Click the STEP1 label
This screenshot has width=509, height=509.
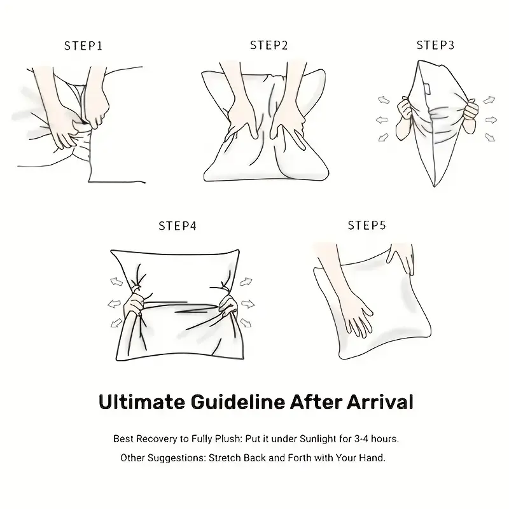[x=83, y=46]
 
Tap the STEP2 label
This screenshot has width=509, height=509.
[x=268, y=45]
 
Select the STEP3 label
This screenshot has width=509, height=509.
[x=435, y=45]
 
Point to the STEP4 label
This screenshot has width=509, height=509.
[x=178, y=226]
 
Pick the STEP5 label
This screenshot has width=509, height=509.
[x=367, y=225]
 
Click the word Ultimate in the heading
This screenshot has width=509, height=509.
[x=142, y=402]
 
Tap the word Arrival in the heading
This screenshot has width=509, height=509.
[x=380, y=402]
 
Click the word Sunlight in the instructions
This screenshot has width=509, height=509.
[x=318, y=439]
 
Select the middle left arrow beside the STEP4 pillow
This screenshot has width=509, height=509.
[x=115, y=304]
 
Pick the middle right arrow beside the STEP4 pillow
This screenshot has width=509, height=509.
[x=248, y=304]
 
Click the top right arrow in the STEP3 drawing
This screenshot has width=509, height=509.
[x=489, y=100]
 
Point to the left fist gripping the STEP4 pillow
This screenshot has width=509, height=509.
[x=134, y=305]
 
